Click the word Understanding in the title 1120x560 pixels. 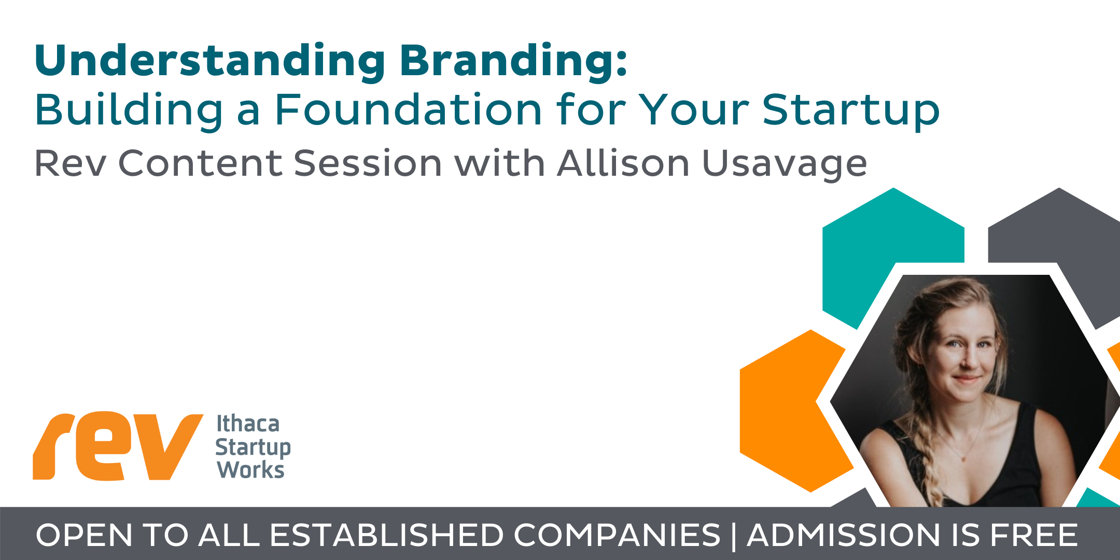pos(210,62)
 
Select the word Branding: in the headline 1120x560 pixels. pos(514,62)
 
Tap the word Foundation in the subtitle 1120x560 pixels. pos(408,109)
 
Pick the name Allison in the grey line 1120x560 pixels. pos(623,163)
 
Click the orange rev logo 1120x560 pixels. pos(117,446)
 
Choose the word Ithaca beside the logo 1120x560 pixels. pos(248,424)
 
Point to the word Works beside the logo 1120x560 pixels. pos(251,470)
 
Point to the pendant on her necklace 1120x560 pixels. pos(963,459)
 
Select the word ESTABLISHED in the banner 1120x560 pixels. pos(387,535)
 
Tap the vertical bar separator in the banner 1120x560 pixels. pos(734,536)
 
